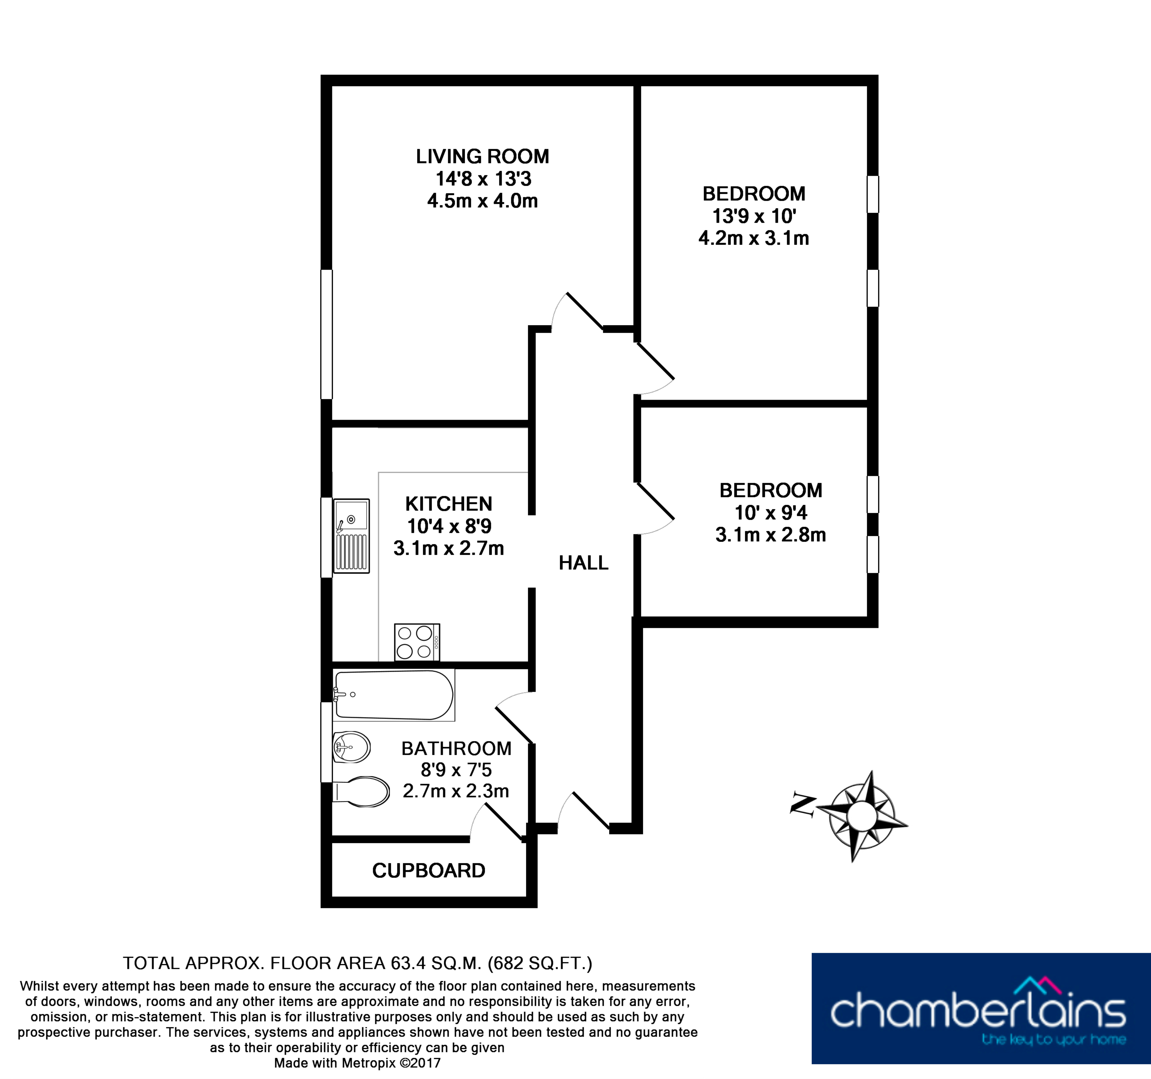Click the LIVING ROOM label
[482, 156]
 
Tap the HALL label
[584, 563]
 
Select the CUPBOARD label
[428, 871]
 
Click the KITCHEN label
[449, 504]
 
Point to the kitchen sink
[352, 536]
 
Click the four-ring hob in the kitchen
[417, 642]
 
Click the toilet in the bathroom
[360, 791]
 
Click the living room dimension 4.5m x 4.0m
[482, 201]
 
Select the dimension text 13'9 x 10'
[754, 216]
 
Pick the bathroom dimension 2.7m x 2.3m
[456, 791]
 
